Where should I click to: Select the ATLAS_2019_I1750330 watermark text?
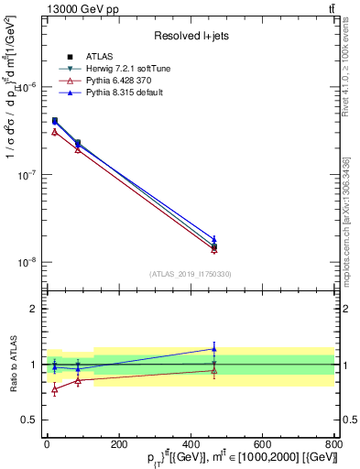coord(191,274)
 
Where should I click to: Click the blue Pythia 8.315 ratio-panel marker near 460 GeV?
coord(213,348)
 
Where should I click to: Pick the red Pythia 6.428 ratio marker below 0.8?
coord(55,389)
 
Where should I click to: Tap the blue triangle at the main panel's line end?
coord(213,238)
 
